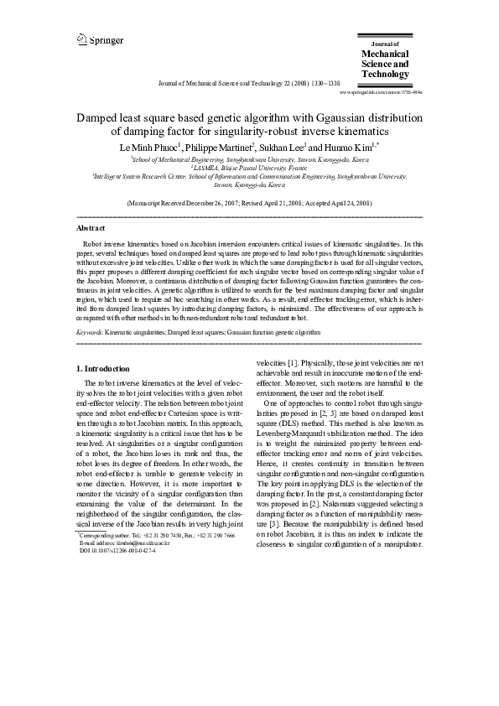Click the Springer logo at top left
coord(100,39)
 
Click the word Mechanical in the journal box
coord(384,54)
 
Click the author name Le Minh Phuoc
coord(148,146)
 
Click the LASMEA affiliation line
coord(249,167)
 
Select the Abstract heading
coord(91,228)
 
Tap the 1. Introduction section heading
coord(103,368)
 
